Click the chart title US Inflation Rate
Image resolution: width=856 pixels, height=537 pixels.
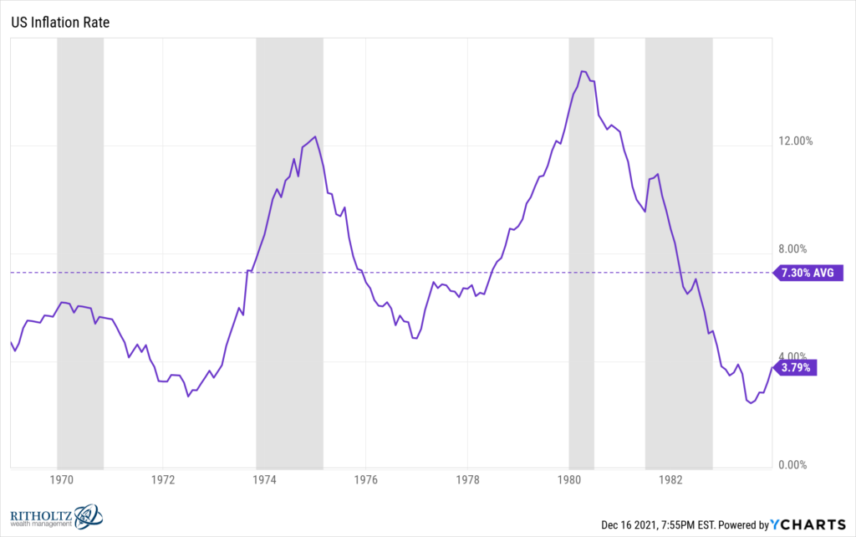click(59, 22)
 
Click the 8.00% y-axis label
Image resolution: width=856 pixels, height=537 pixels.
click(795, 249)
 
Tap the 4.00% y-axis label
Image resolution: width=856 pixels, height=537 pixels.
click(795, 357)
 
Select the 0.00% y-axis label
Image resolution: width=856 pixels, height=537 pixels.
click(795, 465)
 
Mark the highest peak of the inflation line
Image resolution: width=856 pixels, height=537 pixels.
click(583, 72)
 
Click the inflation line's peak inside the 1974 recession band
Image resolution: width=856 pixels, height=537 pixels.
click(315, 136)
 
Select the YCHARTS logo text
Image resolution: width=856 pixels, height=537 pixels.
click(808, 525)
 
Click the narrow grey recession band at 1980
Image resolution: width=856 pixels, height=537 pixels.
click(581, 251)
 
